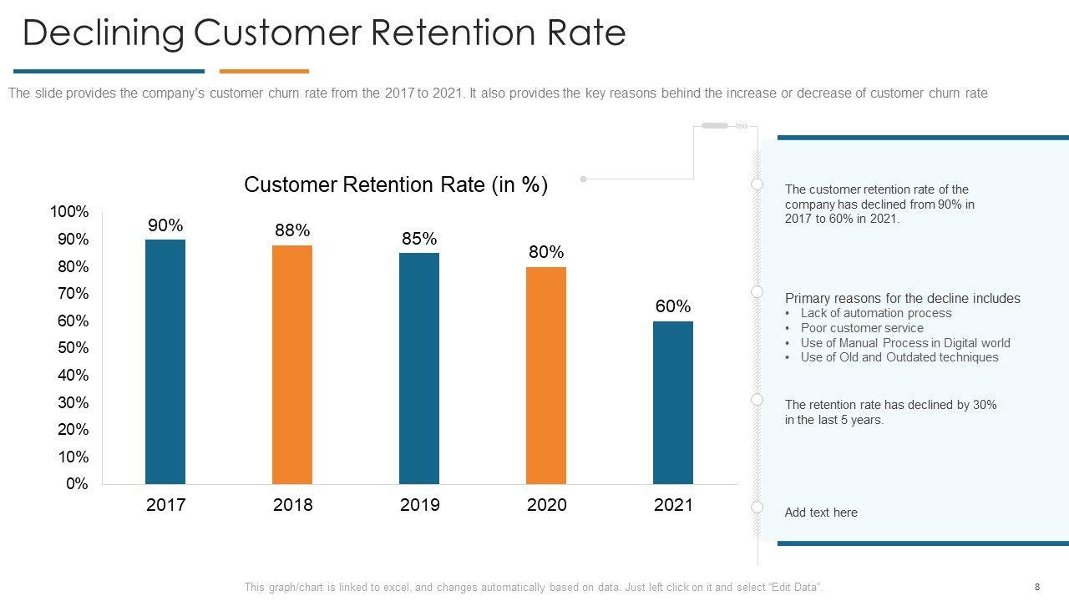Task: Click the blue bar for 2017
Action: point(165,361)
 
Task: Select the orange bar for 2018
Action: point(292,364)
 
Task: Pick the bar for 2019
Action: point(419,368)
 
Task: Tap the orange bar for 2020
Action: point(546,375)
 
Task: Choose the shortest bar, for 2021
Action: point(673,402)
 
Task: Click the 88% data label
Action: point(292,230)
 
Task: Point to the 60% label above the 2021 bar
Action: point(673,306)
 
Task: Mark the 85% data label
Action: point(419,239)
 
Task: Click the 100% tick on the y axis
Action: point(69,212)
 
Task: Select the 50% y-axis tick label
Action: point(73,348)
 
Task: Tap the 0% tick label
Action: point(77,484)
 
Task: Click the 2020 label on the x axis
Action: point(546,505)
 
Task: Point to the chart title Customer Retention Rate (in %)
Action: point(396,184)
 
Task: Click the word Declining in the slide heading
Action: point(103,33)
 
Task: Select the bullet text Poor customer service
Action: point(862,328)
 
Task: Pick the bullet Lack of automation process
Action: point(876,313)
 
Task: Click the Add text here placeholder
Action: point(821,513)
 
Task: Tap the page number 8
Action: point(1037,587)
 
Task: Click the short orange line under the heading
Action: point(264,72)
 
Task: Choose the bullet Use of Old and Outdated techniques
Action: point(899,357)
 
